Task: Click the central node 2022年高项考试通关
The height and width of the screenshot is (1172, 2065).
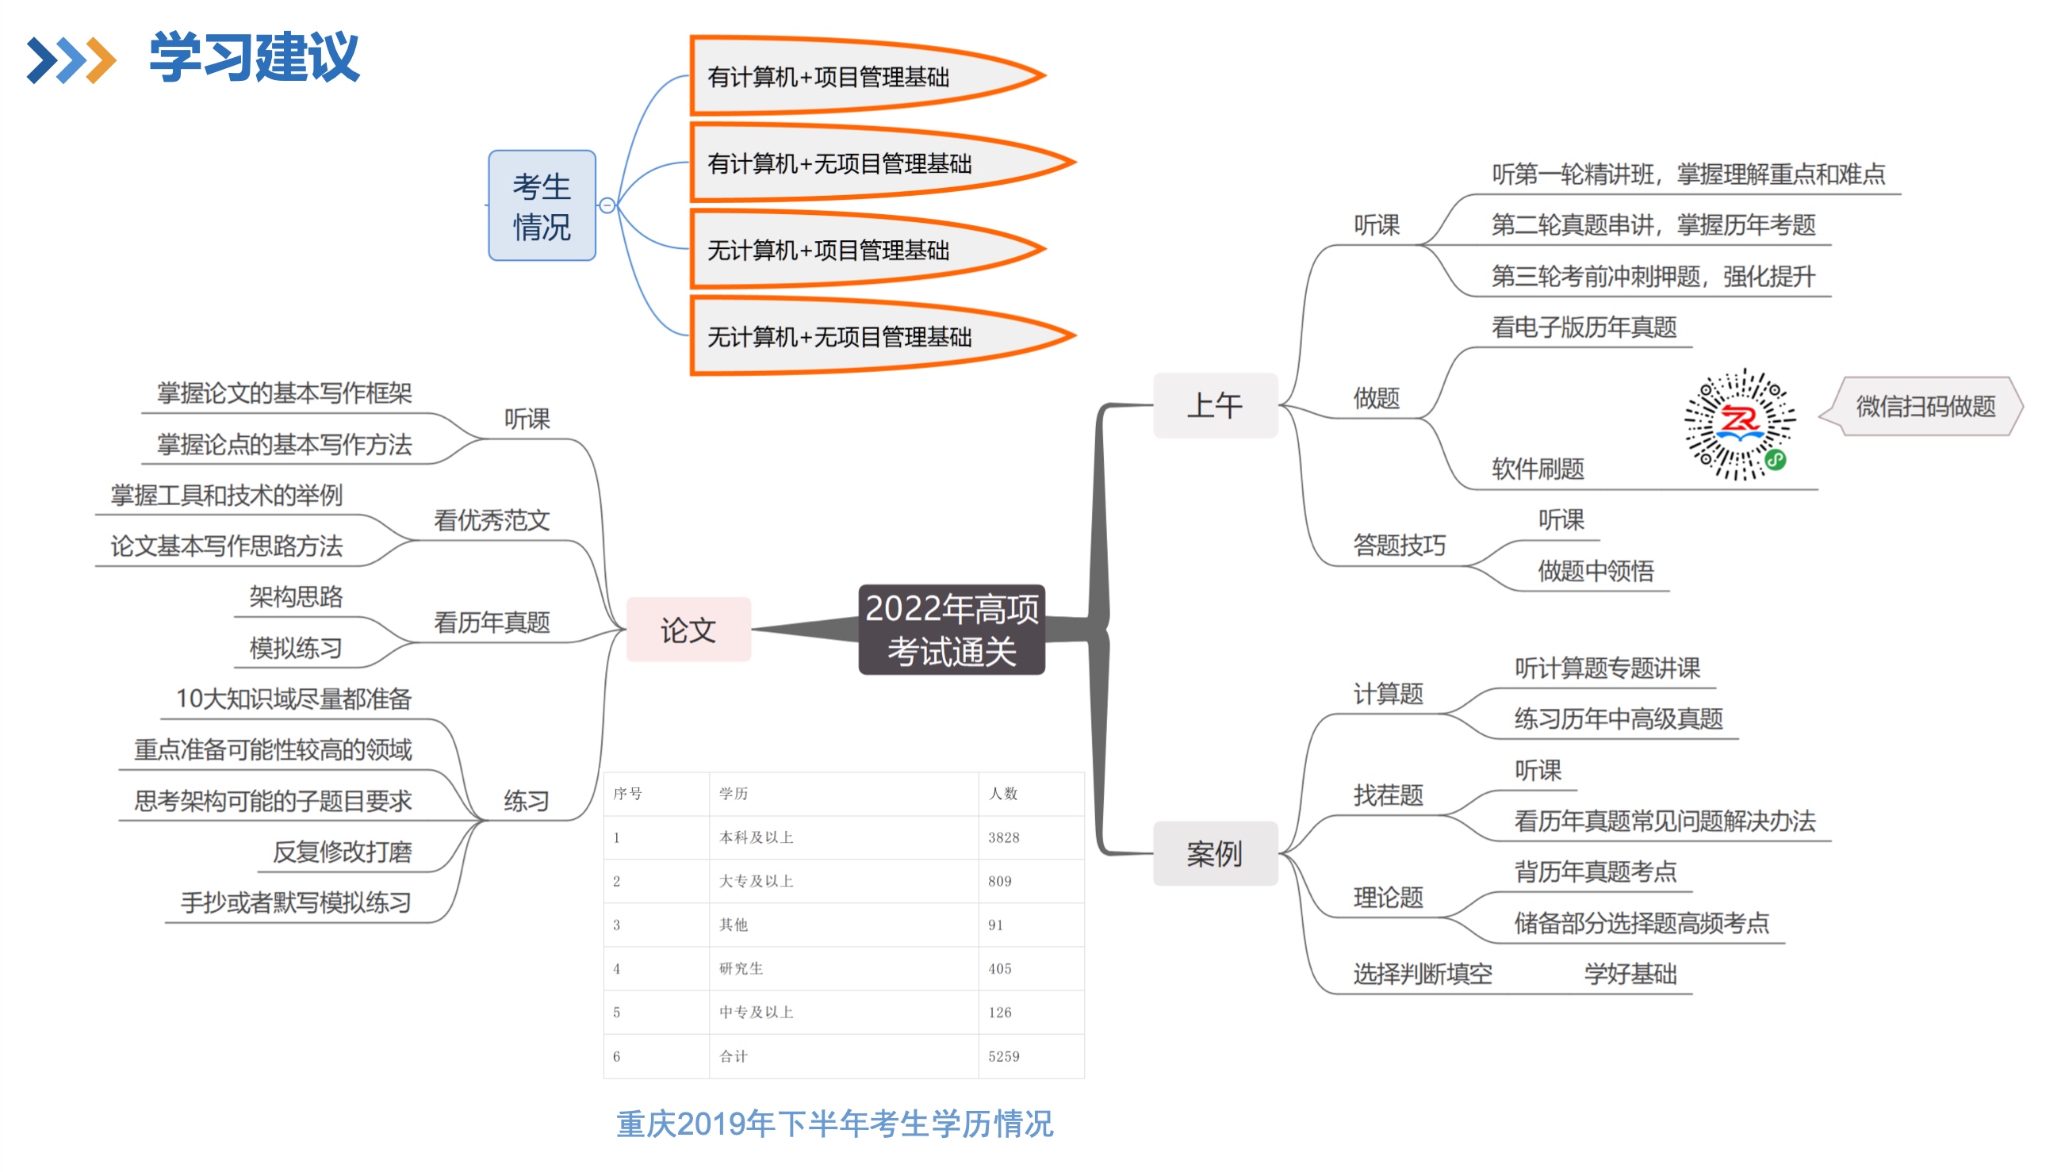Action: [x=952, y=630]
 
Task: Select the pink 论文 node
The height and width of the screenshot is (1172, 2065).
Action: [x=688, y=630]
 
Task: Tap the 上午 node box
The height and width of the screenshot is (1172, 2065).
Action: [x=1214, y=405]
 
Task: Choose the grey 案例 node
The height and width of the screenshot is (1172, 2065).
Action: [x=1214, y=853]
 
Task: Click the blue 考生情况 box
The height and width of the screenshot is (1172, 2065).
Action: [x=542, y=206]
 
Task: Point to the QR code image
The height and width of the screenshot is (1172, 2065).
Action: [x=1739, y=424]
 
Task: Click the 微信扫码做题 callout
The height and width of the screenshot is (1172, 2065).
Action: [x=1925, y=407]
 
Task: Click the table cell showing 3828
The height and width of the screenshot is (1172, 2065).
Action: [x=1003, y=837]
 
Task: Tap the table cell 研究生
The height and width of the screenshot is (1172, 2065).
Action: [x=741, y=968]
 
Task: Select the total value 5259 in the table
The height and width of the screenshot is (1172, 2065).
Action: [x=1003, y=1056]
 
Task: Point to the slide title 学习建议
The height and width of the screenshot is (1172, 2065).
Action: [x=254, y=58]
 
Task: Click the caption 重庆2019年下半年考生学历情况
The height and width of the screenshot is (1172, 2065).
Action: [x=834, y=1124]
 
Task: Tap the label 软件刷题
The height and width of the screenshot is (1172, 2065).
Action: [x=1537, y=469]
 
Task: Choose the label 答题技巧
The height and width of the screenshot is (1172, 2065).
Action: [x=1399, y=546]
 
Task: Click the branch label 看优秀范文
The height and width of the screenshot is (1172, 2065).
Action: [x=492, y=520]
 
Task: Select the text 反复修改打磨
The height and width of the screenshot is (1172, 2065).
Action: [x=342, y=852]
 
